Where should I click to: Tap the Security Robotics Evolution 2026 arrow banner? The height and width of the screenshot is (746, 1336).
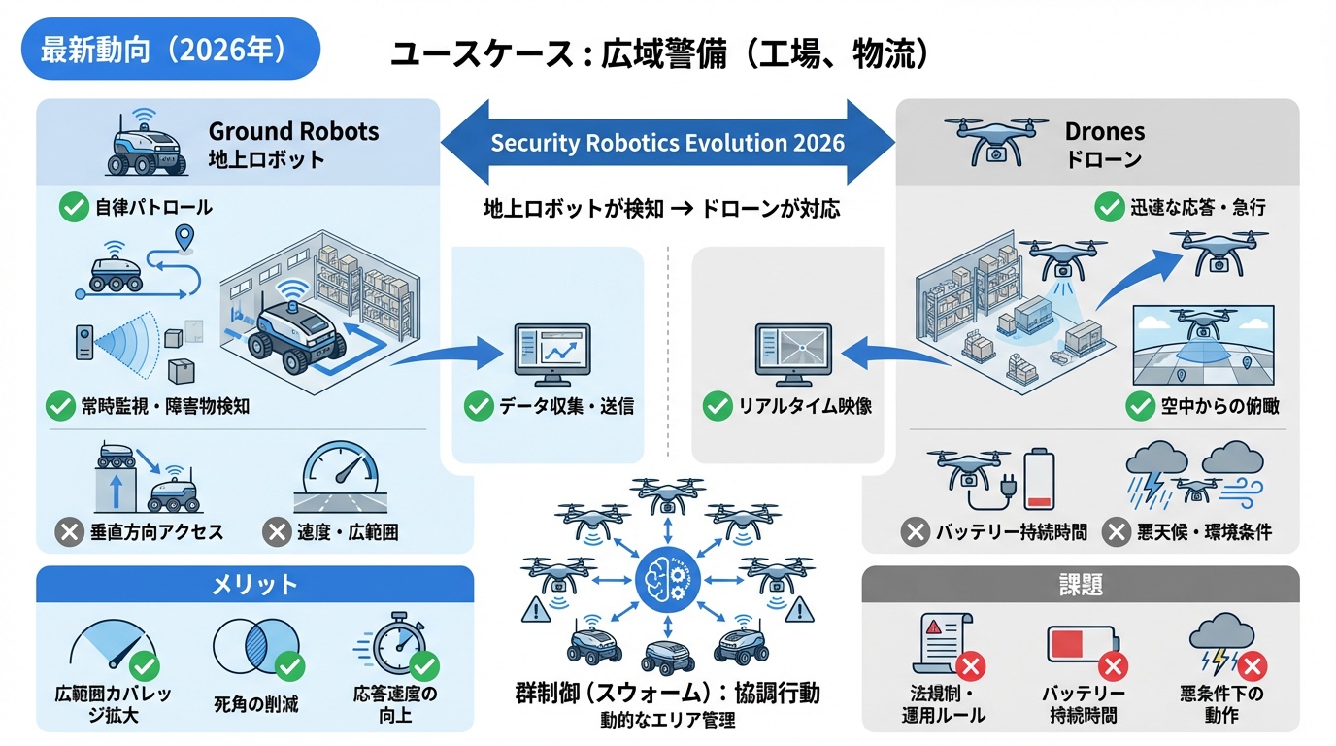tap(667, 144)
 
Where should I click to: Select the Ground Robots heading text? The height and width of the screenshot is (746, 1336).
tap(293, 131)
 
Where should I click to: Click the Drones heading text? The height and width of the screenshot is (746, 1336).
tap(1104, 131)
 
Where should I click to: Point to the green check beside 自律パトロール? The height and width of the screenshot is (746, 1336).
tap(74, 207)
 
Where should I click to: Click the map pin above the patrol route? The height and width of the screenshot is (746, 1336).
tap(184, 236)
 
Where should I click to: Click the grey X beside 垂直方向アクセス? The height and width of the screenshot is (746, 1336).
tap(69, 531)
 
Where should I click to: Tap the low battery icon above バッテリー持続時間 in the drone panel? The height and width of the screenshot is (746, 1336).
tap(1039, 478)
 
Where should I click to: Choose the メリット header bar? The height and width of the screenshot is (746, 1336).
tap(254, 585)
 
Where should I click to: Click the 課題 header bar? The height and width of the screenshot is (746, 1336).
tap(1080, 585)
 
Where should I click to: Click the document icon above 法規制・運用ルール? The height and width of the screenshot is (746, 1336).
tap(937, 645)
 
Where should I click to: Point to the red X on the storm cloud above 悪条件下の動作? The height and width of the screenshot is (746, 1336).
tap(1252, 666)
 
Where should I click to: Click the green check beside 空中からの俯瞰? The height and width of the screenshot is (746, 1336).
tap(1140, 406)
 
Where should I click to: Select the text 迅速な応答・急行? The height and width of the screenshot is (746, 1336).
tap(1197, 207)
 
